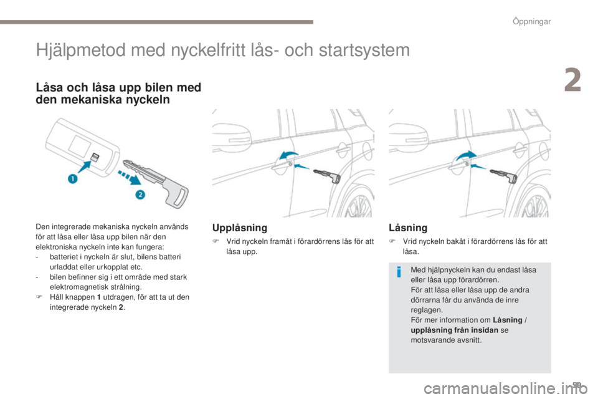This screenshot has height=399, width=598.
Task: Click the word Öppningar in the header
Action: pyautogui.click(x=532, y=22)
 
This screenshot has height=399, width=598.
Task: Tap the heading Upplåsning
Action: pyautogui.click(x=240, y=228)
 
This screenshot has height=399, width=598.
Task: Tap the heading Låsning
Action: pyautogui.click(x=407, y=228)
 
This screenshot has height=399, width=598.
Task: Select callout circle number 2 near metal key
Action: pyautogui.click(x=141, y=195)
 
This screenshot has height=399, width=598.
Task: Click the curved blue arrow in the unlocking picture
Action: pyautogui.click(x=288, y=155)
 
